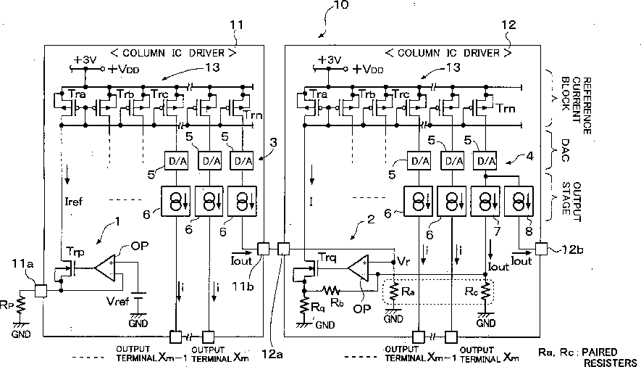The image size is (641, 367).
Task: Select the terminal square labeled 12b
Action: (x=540, y=249)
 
